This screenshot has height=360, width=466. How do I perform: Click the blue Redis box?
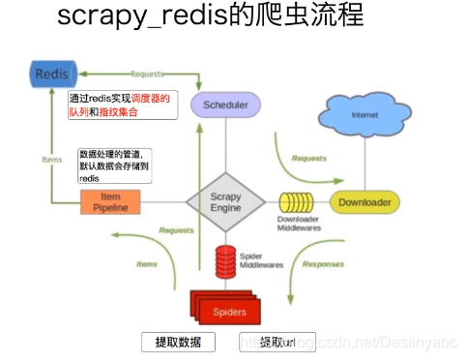pyautogui.click(x=51, y=75)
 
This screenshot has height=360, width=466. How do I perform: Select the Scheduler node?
pyautogui.click(x=224, y=106)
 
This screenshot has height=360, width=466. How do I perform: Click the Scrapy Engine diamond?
pyautogui.click(x=225, y=202)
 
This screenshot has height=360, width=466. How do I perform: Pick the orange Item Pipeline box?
pyautogui.click(x=111, y=201)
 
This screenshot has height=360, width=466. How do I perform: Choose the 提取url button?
pyautogui.click(x=277, y=342)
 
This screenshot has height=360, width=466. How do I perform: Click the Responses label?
pyautogui.click(x=323, y=263)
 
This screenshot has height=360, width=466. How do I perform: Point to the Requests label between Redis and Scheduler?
pyautogui.click(x=146, y=73)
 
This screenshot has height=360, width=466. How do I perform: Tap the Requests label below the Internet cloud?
pyautogui.click(x=308, y=158)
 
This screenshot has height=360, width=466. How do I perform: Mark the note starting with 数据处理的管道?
pyautogui.click(x=115, y=166)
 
